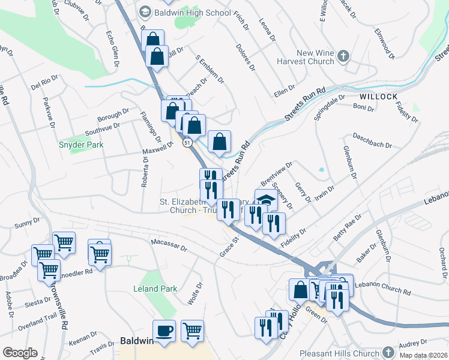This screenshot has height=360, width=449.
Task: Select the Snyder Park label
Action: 81,145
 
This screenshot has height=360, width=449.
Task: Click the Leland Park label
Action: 155,289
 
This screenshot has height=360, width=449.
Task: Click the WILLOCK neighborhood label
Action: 379,96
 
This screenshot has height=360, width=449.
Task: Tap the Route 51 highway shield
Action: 187,143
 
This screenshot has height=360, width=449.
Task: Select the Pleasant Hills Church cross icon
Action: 388,352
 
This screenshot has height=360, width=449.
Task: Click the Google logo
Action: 19,352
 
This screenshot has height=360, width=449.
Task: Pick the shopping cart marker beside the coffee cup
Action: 192,330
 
